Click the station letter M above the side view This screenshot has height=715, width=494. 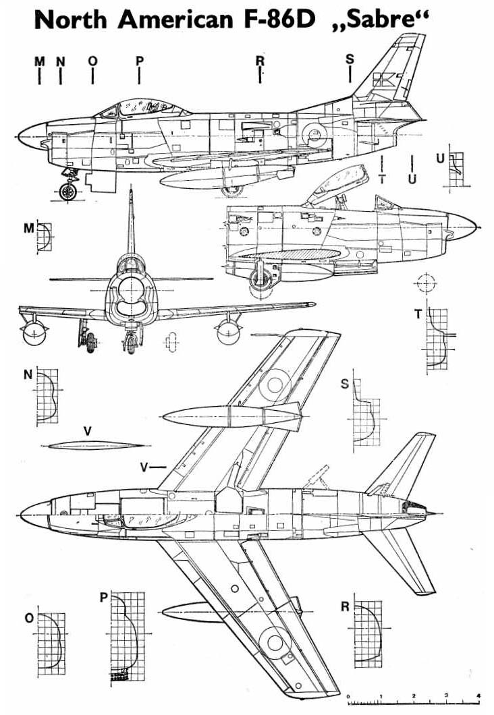(x=40, y=61)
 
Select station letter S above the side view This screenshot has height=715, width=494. (x=350, y=59)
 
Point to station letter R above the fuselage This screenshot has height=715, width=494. (x=260, y=61)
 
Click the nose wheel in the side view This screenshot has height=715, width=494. (x=69, y=192)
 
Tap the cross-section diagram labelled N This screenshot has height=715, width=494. (x=47, y=396)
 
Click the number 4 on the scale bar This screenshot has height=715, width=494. (x=478, y=695)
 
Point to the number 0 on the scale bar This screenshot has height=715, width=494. (x=348, y=696)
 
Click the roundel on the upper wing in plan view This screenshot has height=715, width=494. (x=275, y=384)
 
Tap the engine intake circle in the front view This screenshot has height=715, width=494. (x=132, y=289)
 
